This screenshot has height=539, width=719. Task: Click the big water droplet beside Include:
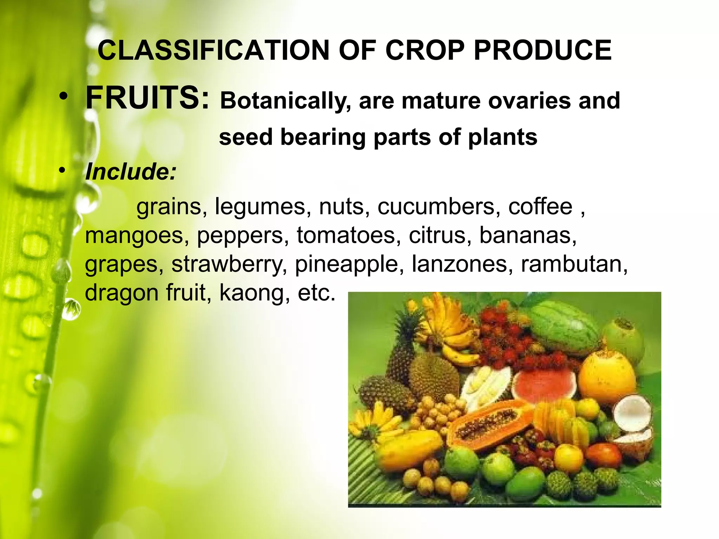tap(88, 197)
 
